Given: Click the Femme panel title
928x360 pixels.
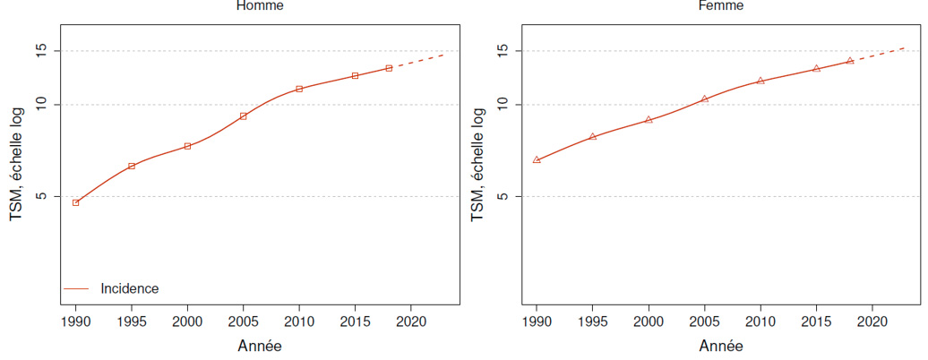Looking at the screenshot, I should click(x=720, y=6).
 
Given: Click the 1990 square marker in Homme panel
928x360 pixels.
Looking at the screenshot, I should click(x=75, y=203).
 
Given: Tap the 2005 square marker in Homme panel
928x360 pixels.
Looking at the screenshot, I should click(x=243, y=116).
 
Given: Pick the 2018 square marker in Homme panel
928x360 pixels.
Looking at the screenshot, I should click(x=389, y=68).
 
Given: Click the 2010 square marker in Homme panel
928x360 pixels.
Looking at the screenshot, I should click(x=299, y=89).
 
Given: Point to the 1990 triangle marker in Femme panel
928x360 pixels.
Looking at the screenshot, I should click(x=537, y=160).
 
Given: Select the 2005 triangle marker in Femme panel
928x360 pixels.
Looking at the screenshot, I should click(x=704, y=99).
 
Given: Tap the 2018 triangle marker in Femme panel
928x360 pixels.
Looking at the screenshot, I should click(x=850, y=61).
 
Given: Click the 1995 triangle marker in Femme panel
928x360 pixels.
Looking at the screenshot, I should click(x=592, y=136).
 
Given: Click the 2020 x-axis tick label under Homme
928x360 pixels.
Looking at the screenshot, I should click(x=410, y=321).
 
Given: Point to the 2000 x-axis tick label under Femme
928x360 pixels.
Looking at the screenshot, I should click(x=649, y=321).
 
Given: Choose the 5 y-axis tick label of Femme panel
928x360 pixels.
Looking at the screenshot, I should click(x=503, y=196).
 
